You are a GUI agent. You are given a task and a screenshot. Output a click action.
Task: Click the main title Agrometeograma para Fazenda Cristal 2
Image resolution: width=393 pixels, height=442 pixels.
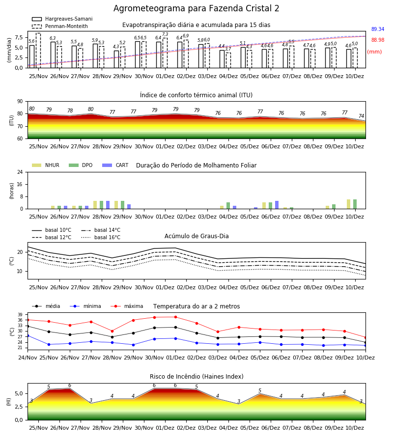coord(196,8)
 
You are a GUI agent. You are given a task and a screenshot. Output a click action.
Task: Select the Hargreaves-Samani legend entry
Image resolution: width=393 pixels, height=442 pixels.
coord(62,19)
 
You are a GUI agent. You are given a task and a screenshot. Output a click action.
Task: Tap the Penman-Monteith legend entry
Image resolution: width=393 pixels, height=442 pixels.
coord(60,26)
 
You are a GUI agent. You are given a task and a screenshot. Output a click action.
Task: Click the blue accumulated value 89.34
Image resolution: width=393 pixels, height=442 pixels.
coord(378,29)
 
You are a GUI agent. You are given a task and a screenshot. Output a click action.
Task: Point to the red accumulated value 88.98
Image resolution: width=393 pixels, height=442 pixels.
coord(378,40)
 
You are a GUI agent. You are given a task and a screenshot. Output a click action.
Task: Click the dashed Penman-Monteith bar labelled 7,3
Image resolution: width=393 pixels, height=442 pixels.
coord(165,53)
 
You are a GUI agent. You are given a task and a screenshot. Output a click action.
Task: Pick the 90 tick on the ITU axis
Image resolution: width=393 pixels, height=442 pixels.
coord(20,102)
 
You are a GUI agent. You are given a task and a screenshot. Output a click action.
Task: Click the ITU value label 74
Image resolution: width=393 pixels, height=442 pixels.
coord(362,116)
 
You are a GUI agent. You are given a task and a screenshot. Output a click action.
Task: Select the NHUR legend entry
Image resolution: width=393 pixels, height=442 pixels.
coord(46,165)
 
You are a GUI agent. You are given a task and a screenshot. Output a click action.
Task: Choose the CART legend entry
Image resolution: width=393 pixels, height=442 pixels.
coord(115,165)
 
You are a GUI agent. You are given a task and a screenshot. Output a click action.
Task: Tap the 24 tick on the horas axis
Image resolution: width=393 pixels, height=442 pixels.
coord(20,172)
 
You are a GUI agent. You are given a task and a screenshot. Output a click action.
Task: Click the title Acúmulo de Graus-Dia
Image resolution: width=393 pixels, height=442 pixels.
coord(196,236)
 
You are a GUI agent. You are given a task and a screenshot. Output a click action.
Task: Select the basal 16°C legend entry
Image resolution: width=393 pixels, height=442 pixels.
coord(101,237)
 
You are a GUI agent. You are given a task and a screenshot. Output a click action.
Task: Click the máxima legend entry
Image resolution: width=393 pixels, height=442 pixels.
coord(127,306)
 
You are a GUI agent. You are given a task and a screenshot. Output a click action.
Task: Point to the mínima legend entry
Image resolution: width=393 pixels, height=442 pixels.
coord(85,306)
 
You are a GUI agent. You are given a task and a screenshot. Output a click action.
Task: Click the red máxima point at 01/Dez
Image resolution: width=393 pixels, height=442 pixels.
coord(176,317)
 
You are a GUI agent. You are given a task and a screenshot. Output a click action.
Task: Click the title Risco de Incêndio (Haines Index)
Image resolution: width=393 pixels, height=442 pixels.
coord(196,376)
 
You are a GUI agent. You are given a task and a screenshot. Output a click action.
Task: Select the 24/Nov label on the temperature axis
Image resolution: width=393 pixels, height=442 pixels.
coord(28,358)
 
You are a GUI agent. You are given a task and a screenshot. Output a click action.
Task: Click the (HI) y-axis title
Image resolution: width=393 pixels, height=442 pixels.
coord(8,402)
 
